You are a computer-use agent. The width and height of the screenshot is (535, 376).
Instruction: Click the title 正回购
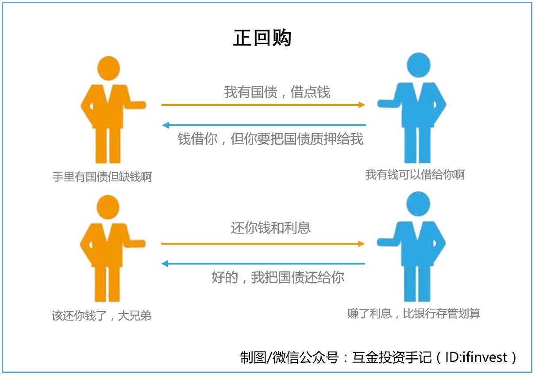click(262, 38)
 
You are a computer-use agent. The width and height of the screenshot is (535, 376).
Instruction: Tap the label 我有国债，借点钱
click(277, 92)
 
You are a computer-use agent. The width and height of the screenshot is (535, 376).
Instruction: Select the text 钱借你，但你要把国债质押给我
click(270, 139)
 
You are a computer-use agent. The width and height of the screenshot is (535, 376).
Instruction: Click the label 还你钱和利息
click(270, 228)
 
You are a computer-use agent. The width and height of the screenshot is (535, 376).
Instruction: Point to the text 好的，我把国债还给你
click(277, 277)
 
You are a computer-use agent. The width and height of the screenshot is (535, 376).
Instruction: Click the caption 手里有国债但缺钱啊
click(102, 177)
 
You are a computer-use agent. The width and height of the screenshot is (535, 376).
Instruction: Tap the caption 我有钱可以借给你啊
click(415, 175)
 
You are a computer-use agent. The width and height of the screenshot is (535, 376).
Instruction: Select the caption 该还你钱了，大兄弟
click(101, 316)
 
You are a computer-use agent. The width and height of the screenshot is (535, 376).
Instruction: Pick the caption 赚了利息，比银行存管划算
click(414, 314)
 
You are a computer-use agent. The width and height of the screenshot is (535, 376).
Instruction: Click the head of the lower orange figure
click(108, 207)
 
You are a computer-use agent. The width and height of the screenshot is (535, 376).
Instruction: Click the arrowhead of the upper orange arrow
click(362, 105)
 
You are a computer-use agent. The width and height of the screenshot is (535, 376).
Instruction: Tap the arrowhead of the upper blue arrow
click(165, 125)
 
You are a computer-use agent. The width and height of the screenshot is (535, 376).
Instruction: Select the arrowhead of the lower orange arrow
click(362, 243)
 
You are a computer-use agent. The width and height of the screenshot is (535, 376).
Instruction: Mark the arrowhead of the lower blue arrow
click(165, 264)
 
